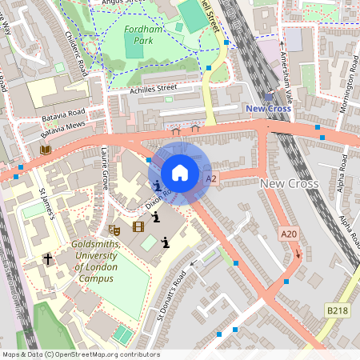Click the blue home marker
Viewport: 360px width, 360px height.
tap(180, 173)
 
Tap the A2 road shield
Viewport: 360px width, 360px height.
tap(211, 179)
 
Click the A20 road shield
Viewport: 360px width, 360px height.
tap(289, 234)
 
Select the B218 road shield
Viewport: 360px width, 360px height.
tap(337, 309)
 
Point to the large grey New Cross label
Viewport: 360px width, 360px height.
tap(290, 184)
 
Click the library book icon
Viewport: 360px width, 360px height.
tap(46, 150)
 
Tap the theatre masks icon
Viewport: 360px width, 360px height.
tap(114, 228)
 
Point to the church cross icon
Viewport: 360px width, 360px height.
tap(47, 259)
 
